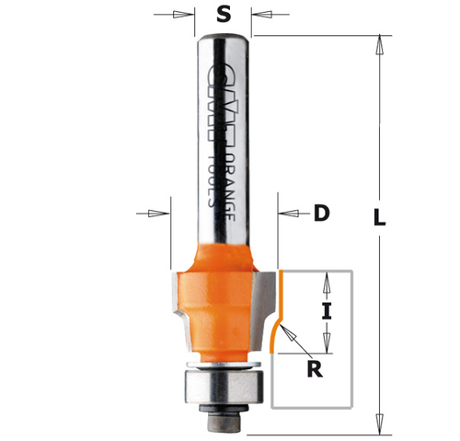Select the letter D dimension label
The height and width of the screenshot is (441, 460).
(321, 213)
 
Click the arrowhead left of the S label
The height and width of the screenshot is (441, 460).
(192, 15)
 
